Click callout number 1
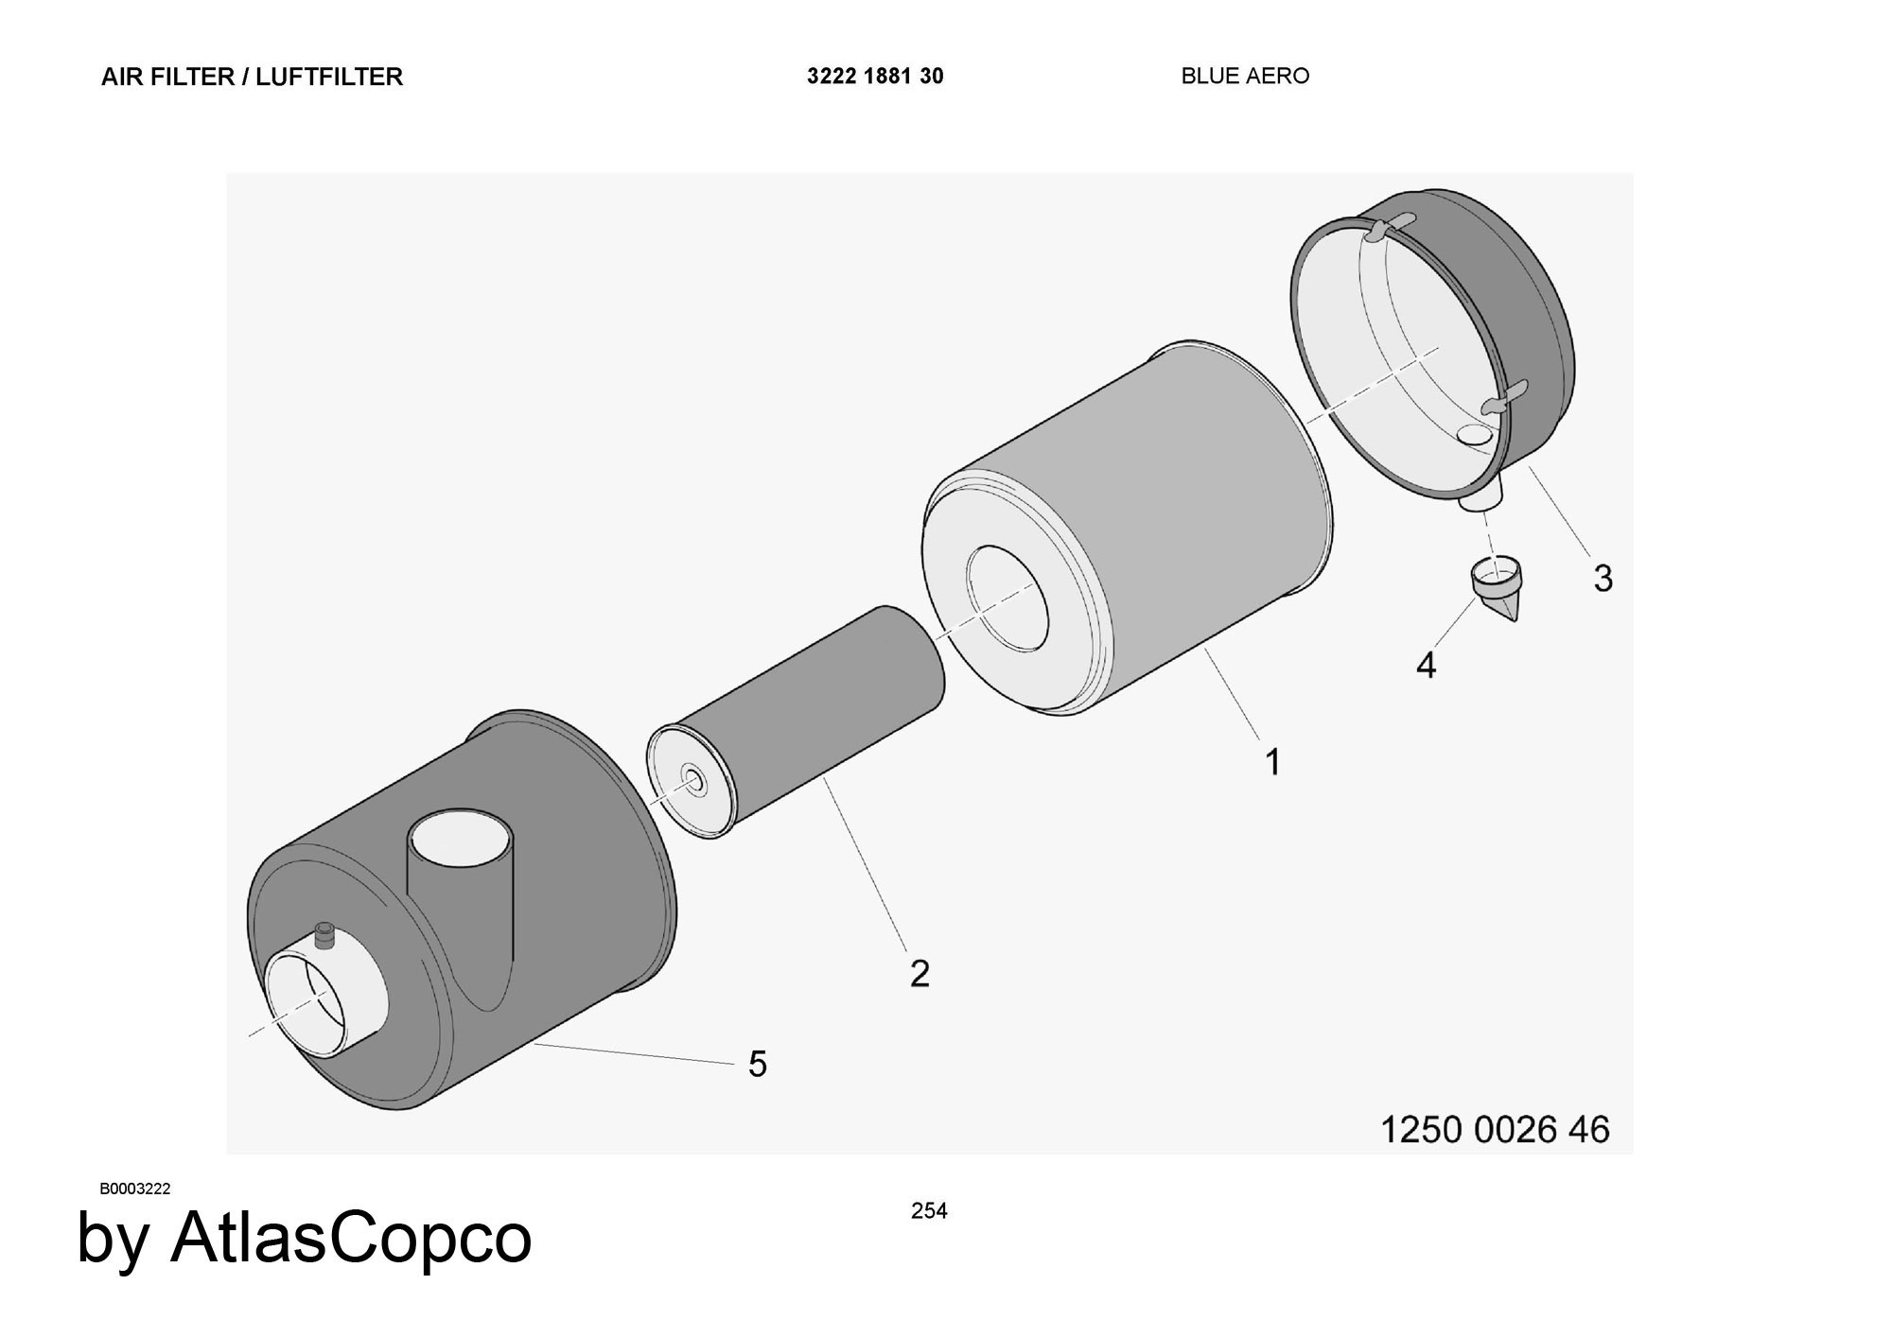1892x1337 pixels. point(1273,761)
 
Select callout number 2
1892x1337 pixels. point(920,973)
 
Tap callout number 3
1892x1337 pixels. point(1603,579)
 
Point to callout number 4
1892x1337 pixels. point(1427,665)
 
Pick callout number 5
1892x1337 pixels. point(758,1064)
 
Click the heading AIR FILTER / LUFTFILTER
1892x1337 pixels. point(252,77)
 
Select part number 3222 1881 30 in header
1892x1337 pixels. point(875,76)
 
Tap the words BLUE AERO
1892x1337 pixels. point(1245,76)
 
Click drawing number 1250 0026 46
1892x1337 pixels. point(1495,1129)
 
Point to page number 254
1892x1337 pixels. point(929,1210)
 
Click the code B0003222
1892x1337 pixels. point(135,1189)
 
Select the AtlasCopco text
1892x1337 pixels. point(351,1237)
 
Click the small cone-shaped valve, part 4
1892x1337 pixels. point(1498,588)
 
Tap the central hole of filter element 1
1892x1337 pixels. point(1007,599)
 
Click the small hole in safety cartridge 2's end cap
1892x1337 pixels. point(693,781)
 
